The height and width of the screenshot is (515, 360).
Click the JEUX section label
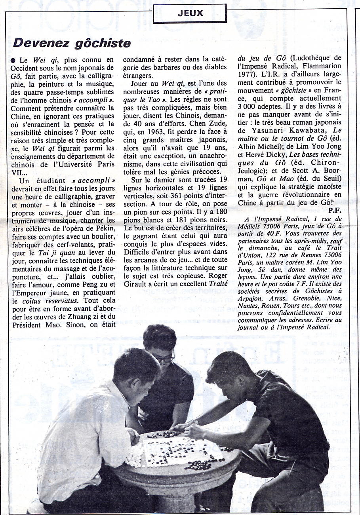(x=190, y=13)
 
